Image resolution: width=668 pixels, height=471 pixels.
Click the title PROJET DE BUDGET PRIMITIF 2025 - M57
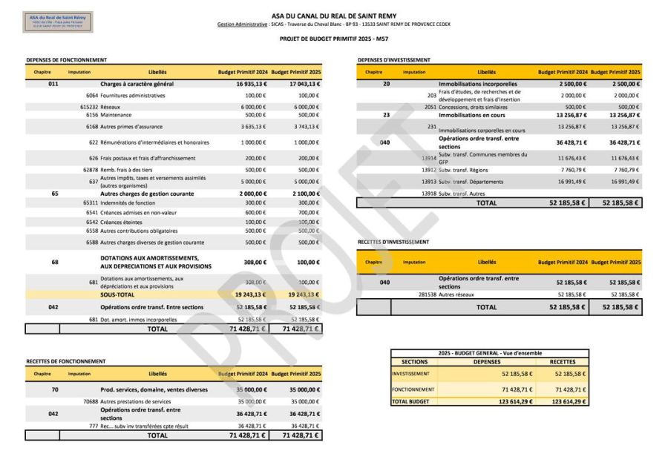(334, 39)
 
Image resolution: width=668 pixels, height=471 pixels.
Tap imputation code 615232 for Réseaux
(89, 107)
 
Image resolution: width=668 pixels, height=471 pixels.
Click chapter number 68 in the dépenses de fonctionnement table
(55, 262)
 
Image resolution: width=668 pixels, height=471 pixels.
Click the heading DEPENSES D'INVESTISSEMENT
(393, 60)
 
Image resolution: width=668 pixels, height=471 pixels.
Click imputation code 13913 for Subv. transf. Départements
(428, 181)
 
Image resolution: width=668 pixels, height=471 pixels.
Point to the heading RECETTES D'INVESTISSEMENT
(393, 242)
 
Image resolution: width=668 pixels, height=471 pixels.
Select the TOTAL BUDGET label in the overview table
(410, 401)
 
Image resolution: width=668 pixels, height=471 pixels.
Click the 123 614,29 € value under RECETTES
(569, 401)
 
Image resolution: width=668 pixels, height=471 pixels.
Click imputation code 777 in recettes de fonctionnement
(94, 426)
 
